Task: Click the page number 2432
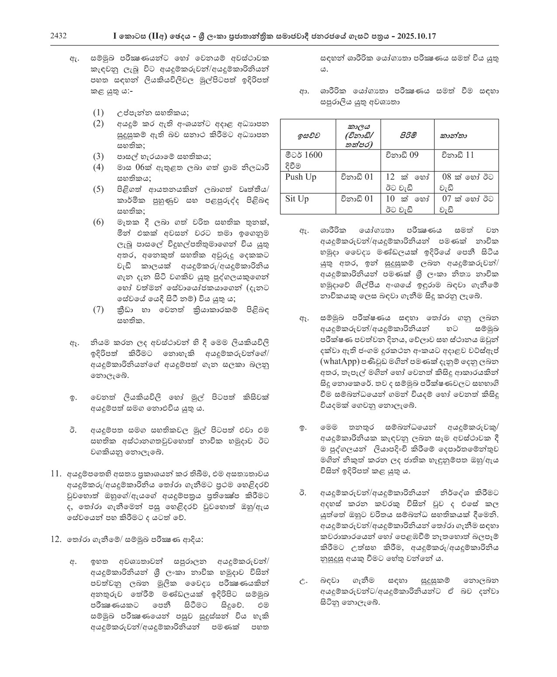(x=59, y=36)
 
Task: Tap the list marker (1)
(x=98, y=112)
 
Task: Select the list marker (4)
(x=98, y=167)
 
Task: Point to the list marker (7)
(x=98, y=309)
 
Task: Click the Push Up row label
(x=301, y=177)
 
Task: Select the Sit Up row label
(x=297, y=199)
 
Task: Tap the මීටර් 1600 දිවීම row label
(x=304, y=160)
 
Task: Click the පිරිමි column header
(x=407, y=135)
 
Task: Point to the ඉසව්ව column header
(x=308, y=135)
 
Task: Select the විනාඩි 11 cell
(x=457, y=155)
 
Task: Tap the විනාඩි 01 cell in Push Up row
(x=357, y=177)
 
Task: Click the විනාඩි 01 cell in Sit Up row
(x=357, y=199)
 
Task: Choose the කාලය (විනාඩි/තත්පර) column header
(x=357, y=135)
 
